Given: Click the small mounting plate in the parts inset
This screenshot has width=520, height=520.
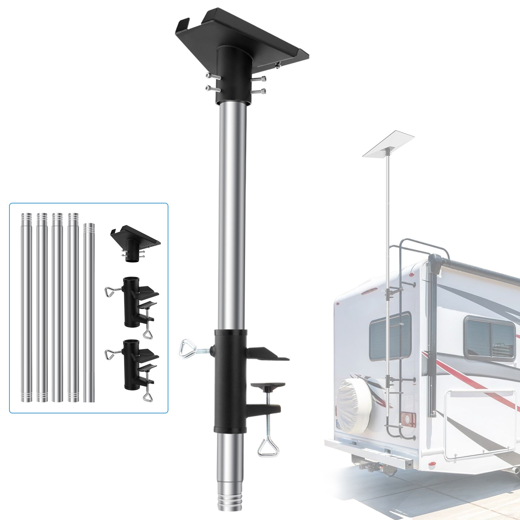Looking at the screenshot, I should coord(135,239).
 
